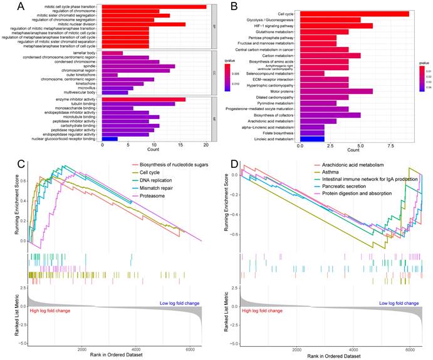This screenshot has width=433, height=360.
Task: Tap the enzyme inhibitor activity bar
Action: [143, 99]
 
